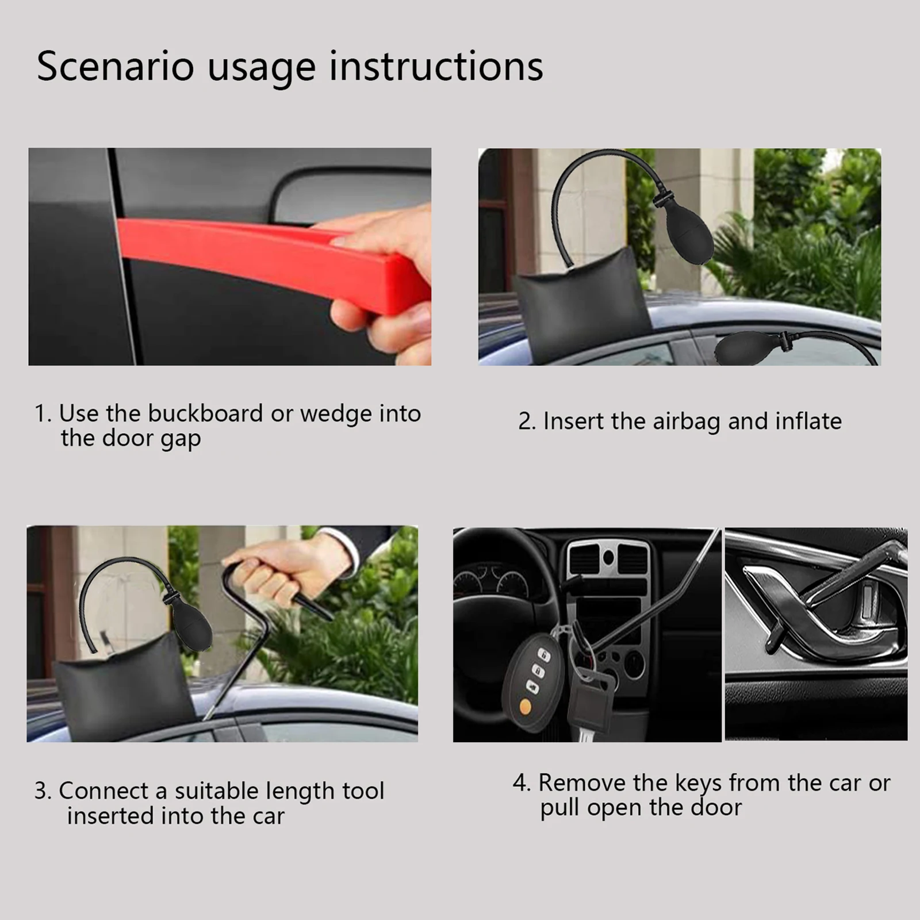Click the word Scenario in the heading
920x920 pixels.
point(115,66)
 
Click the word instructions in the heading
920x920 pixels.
point(436,66)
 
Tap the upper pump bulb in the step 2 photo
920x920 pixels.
point(687,233)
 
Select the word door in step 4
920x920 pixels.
point(716,808)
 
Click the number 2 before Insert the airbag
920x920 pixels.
point(524,422)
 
